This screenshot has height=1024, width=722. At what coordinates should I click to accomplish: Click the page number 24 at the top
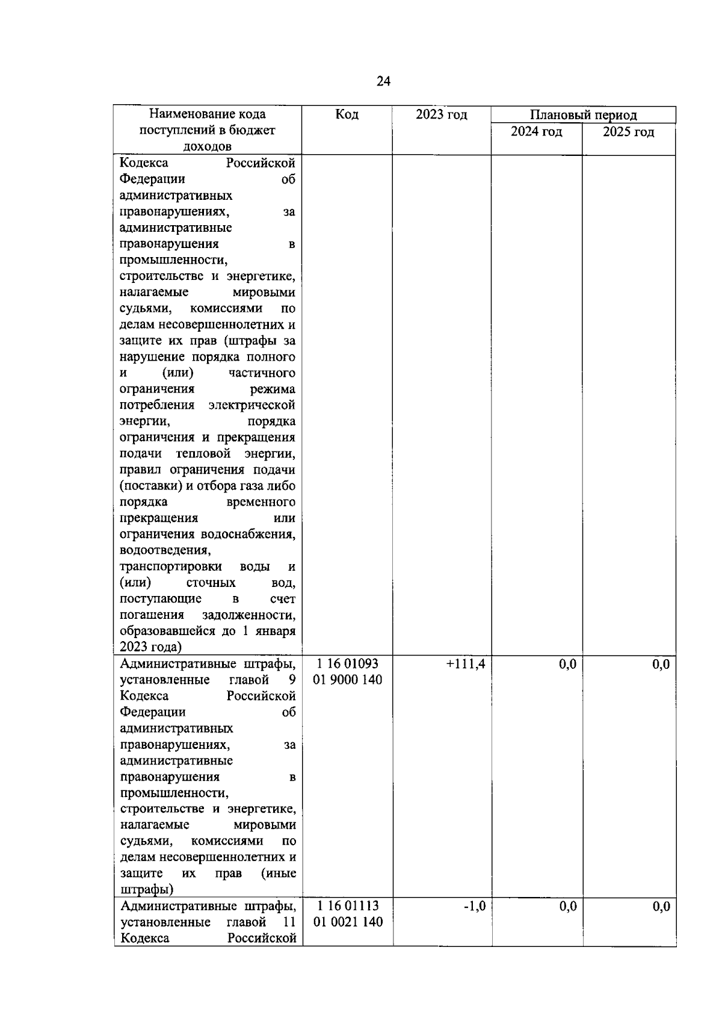pos(383,81)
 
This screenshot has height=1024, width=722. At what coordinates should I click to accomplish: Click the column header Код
pos(347,114)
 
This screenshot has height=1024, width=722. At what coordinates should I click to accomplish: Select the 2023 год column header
pos(441,114)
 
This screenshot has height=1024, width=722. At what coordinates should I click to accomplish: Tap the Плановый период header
pos(583,115)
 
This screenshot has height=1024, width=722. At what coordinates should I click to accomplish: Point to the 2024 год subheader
pos(536,132)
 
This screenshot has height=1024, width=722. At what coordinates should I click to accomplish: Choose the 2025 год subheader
pos(628,132)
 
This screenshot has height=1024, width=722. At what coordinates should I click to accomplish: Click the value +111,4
pos(465,664)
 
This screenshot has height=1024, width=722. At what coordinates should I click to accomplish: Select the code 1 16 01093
pos(348,664)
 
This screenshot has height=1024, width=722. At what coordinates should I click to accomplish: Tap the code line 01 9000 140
pos(348,680)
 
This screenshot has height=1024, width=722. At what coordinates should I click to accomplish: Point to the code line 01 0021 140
pos(348,922)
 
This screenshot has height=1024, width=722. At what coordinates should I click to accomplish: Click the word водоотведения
pos(165,551)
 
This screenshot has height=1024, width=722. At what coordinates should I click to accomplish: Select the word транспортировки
pos(170,567)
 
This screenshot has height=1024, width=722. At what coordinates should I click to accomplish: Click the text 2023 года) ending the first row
pos(150,648)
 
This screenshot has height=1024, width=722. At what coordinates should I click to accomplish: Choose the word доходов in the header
pos(207,147)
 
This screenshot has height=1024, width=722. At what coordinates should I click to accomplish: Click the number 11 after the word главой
pos(289,922)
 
